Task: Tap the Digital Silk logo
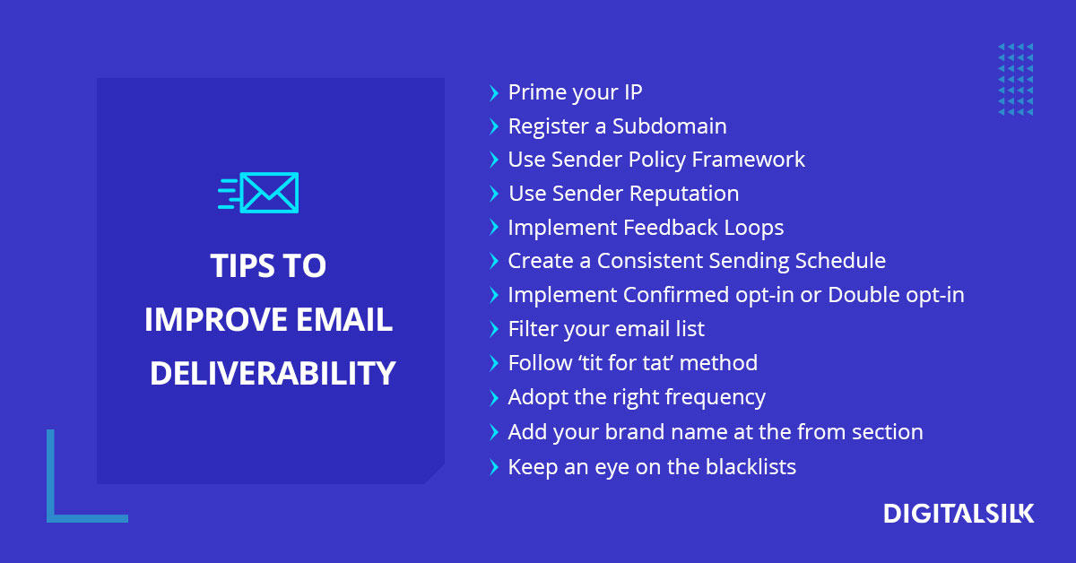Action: click(x=959, y=514)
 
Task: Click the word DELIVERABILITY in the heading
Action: click(x=273, y=373)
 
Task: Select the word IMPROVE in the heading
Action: click(x=214, y=319)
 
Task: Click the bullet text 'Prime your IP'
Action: click(x=575, y=92)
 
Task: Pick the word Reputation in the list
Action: click(x=684, y=194)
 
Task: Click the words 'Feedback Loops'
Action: click(x=704, y=228)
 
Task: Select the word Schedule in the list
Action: click(x=839, y=261)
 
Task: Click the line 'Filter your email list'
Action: click(x=606, y=329)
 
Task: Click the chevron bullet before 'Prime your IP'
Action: click(x=493, y=92)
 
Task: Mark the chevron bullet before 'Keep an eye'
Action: click(x=493, y=466)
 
